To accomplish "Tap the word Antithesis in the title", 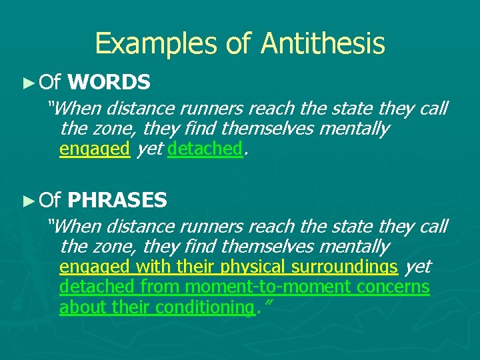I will (323, 44).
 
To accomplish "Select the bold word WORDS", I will (109, 83).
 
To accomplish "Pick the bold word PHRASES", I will (117, 200).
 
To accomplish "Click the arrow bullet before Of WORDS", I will (27, 83).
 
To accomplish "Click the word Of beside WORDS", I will (50, 83).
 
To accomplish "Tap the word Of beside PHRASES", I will (50, 200).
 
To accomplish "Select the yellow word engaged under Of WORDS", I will (94, 149).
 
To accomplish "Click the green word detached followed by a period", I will (205, 149).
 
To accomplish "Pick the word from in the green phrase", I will (160, 287).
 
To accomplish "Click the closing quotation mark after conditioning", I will (269, 304).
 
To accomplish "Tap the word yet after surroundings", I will (418, 267).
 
